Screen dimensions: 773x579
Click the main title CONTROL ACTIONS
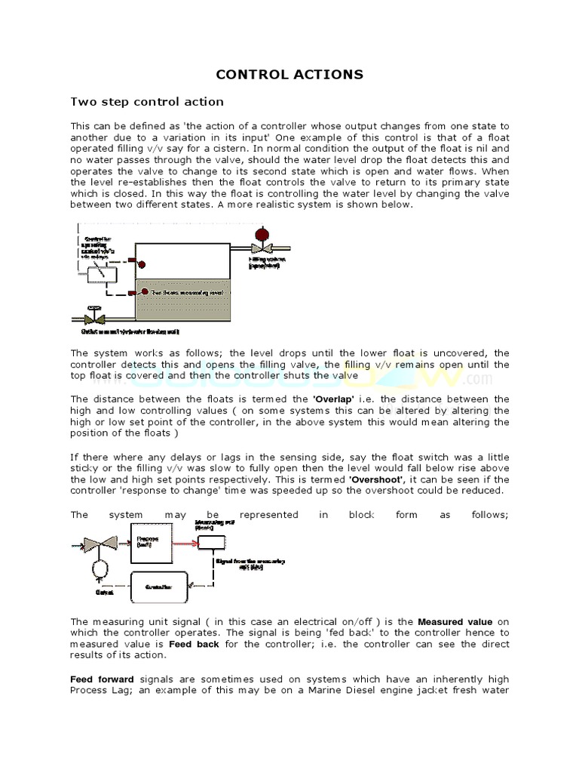click(289, 74)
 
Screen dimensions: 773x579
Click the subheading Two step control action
click(146, 101)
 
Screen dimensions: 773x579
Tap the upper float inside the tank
click(141, 265)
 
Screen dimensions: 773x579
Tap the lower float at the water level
click(141, 292)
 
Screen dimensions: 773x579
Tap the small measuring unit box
click(212, 541)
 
